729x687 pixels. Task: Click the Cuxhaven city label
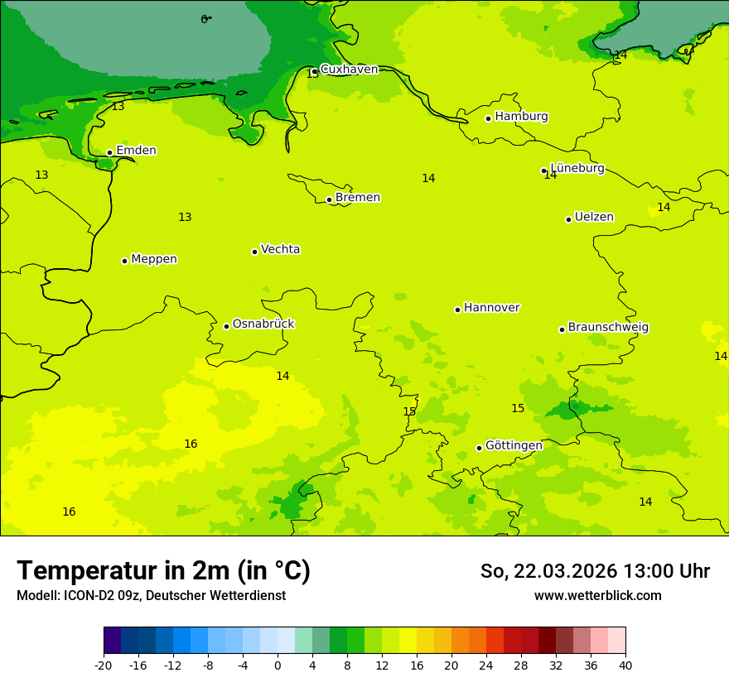(349, 70)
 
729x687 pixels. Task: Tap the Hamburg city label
(521, 117)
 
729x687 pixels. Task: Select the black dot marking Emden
(109, 152)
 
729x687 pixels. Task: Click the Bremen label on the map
(358, 198)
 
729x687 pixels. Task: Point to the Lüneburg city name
(577, 169)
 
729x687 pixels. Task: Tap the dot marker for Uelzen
(568, 219)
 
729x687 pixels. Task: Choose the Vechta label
(280, 249)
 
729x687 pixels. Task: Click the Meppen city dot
(124, 261)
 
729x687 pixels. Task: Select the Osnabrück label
(263, 324)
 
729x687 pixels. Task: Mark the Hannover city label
(491, 308)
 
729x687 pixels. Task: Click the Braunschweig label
(608, 328)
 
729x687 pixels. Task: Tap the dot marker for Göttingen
(479, 448)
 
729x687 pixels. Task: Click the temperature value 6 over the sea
(204, 19)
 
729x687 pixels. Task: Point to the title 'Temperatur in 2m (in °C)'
(163, 570)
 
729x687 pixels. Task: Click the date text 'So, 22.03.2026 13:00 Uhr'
(595, 571)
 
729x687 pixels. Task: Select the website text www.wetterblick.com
(597, 596)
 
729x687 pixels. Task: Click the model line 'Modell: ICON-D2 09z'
(79, 596)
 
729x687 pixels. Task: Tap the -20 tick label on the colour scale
(104, 665)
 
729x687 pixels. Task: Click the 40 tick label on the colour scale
(625, 665)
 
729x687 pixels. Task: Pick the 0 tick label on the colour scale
(278, 665)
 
